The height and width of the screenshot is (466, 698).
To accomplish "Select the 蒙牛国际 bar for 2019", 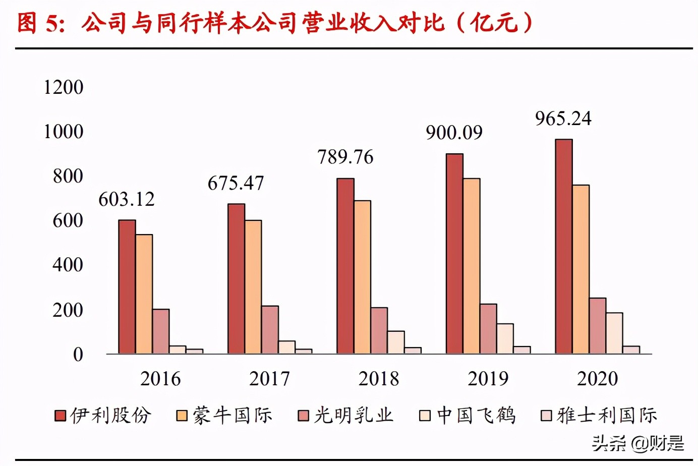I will point(472,266).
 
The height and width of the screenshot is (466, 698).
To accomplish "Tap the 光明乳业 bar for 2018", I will point(379,330).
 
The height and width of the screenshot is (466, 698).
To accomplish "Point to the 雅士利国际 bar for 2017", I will point(304,351).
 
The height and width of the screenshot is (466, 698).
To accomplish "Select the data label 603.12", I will point(127,199).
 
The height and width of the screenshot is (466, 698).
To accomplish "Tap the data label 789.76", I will point(345,157).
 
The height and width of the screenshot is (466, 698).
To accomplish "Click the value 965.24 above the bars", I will point(563,119).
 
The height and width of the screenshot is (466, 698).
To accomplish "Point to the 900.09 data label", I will point(454,133).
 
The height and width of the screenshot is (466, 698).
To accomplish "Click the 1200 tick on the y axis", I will point(64,87).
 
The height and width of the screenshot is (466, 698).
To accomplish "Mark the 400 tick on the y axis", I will point(68,265).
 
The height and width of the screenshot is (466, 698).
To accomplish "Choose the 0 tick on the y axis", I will point(78,355).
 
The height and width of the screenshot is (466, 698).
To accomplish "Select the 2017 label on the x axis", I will point(270,379).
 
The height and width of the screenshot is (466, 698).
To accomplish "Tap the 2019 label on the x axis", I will point(488,379).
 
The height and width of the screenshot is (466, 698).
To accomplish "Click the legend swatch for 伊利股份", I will point(61,416).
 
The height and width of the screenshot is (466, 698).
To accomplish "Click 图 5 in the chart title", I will point(41,23).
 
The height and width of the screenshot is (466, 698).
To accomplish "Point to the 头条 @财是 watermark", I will point(638,443).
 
